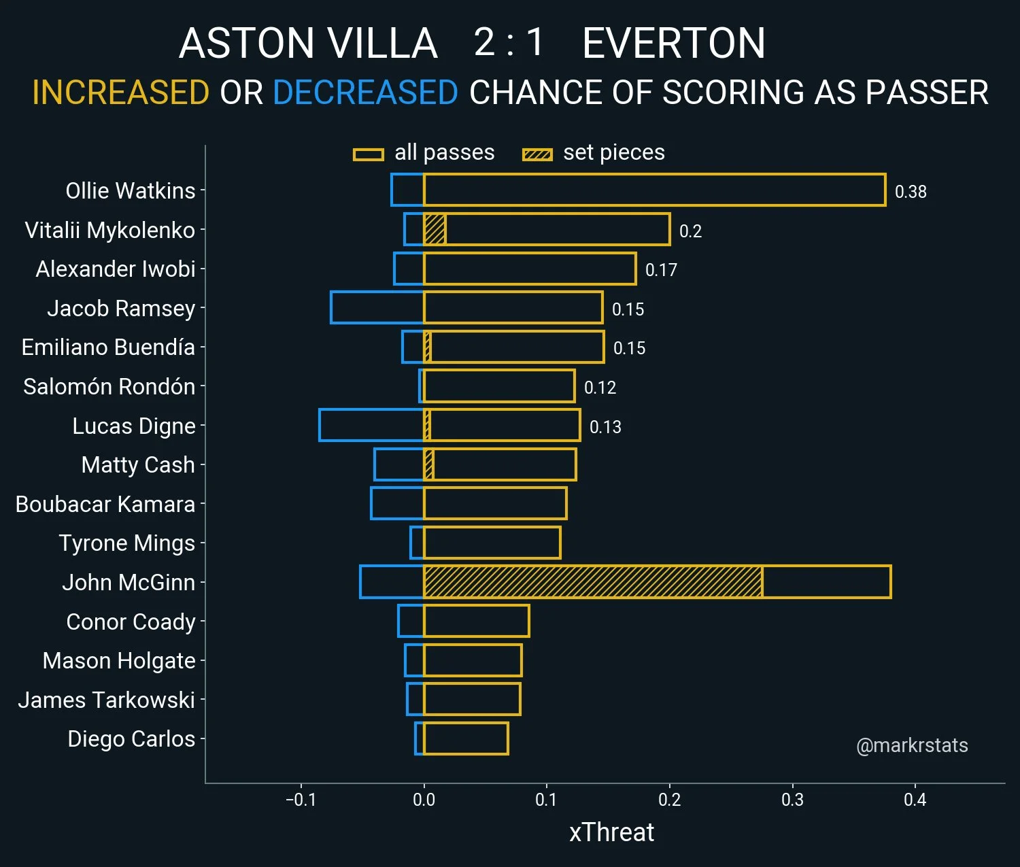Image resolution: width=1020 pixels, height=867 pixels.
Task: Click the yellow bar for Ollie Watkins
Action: click(654, 190)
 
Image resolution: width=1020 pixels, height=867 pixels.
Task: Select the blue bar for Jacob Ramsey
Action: click(377, 307)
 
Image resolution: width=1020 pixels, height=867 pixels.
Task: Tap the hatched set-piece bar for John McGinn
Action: click(592, 582)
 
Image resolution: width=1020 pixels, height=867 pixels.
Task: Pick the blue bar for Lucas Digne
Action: click(371, 425)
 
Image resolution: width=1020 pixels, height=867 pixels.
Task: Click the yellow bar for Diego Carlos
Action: click(466, 738)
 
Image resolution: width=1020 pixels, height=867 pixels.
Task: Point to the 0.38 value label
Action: click(911, 192)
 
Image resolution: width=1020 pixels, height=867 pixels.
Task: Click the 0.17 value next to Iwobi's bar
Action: click(661, 270)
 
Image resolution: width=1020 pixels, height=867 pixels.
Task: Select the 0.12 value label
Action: click(600, 388)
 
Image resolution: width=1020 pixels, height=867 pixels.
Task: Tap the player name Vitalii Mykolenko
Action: click(109, 230)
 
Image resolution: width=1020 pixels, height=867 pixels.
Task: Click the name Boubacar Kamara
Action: click(105, 504)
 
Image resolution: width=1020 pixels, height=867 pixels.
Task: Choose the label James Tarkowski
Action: click(107, 700)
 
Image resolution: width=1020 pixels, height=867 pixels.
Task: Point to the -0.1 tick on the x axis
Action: click(301, 800)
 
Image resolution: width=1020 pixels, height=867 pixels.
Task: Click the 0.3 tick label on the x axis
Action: click(792, 800)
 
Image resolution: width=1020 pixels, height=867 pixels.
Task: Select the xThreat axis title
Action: click(611, 832)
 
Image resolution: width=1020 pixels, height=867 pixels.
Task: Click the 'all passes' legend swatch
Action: click(369, 154)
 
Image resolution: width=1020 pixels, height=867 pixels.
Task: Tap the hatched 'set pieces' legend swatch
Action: click(537, 154)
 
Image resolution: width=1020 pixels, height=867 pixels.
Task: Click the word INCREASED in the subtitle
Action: click(121, 92)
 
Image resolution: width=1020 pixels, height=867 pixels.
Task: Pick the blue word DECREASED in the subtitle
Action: click(365, 92)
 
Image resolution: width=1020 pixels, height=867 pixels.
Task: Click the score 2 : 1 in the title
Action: click(509, 42)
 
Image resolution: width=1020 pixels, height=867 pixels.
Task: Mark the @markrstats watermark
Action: click(912, 745)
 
